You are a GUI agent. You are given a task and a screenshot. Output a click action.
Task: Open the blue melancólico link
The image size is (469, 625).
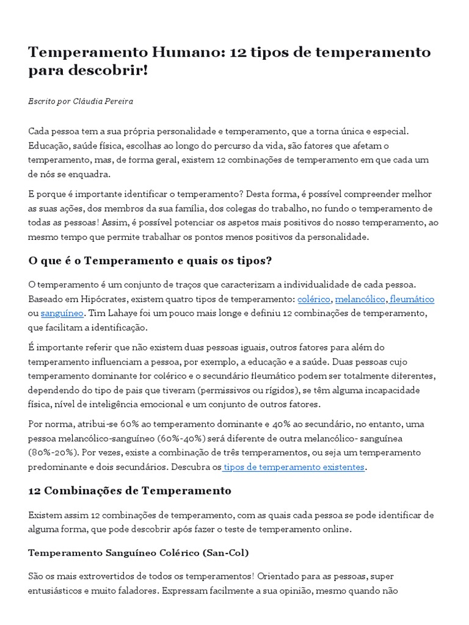click(360, 299)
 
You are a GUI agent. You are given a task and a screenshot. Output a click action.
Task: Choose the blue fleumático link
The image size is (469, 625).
click(412, 299)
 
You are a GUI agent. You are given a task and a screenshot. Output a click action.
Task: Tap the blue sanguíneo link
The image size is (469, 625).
click(61, 314)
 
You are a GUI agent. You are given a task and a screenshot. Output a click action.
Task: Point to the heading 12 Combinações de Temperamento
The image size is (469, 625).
click(129, 490)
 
